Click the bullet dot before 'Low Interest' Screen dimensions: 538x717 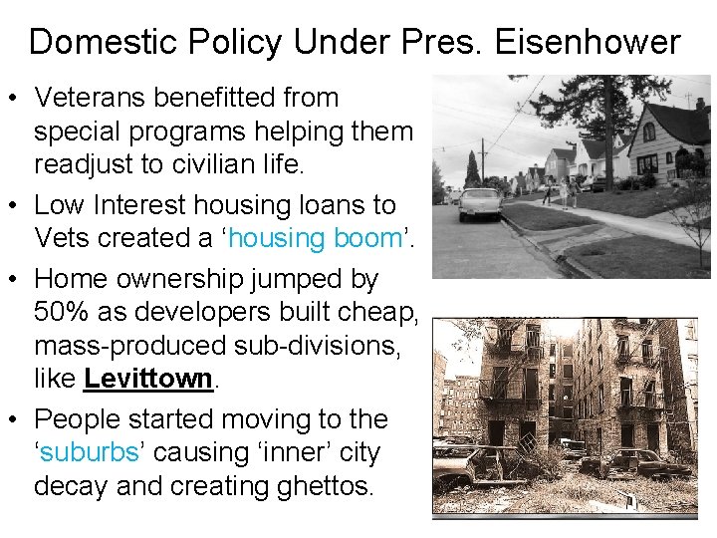(x=15, y=206)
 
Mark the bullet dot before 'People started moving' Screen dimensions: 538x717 (x=15, y=418)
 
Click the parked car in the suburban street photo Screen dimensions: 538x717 (x=479, y=202)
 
